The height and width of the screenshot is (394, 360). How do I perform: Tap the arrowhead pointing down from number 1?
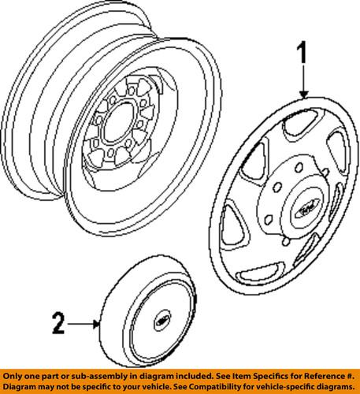pos(302,95)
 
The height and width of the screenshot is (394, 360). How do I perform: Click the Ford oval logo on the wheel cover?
pos(303,210)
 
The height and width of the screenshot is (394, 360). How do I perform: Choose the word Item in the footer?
pos(244,376)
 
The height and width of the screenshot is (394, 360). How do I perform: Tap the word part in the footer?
pos(50,376)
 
